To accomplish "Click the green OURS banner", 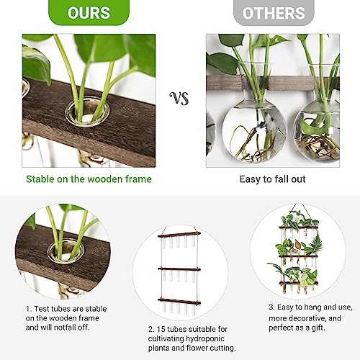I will [x=89, y=14].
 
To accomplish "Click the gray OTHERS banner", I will [x=274, y=14].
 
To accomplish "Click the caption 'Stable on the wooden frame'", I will [x=89, y=179].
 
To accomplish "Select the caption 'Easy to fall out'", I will [x=272, y=179].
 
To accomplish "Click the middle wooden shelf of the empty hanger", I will [x=181, y=269].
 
